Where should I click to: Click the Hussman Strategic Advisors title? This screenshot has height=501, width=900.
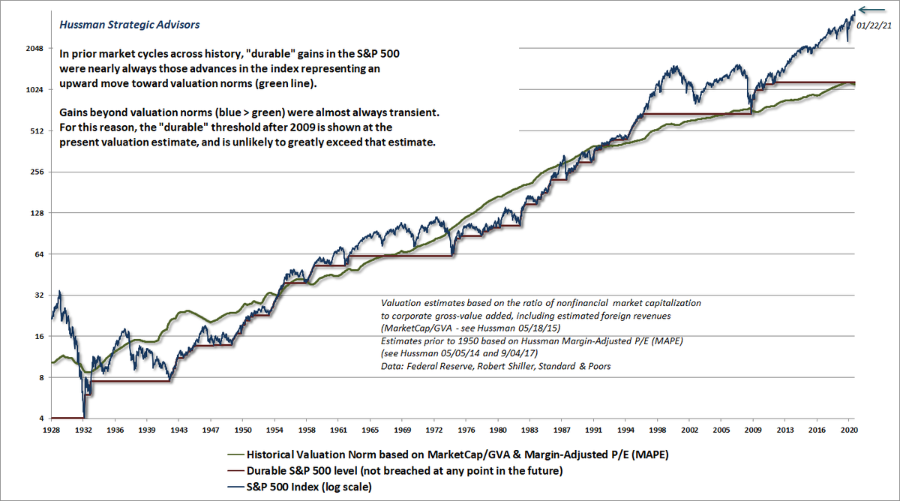point(129,25)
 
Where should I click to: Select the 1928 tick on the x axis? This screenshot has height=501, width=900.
point(52,431)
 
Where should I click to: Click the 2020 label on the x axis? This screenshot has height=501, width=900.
point(848,431)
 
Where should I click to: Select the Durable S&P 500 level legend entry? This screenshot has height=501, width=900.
point(389,471)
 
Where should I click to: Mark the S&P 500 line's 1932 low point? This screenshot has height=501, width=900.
point(85,416)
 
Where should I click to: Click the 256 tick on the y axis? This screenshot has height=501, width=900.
point(37,172)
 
